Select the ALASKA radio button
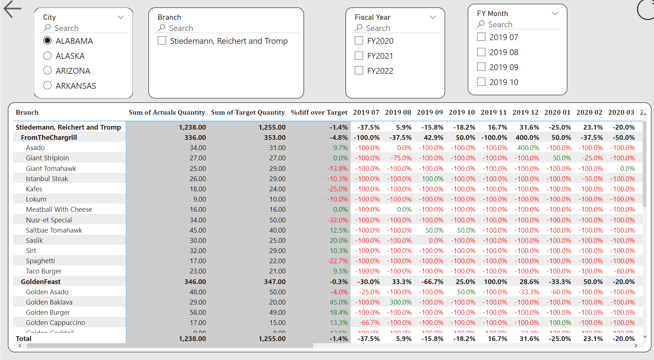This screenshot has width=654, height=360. pyautogui.click(x=47, y=56)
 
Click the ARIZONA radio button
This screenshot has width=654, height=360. pyautogui.click(x=47, y=70)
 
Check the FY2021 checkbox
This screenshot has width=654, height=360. pyautogui.click(x=359, y=56)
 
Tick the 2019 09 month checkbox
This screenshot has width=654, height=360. pyautogui.click(x=481, y=67)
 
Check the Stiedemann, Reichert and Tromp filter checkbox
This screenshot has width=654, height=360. pyautogui.click(x=162, y=41)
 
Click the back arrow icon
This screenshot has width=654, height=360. pyautogui.click(x=12, y=9)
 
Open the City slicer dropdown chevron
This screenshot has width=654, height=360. pyautogui.click(x=120, y=17)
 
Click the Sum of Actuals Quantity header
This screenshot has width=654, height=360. pyautogui.click(x=167, y=112)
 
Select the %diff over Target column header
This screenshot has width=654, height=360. pyautogui.click(x=319, y=112)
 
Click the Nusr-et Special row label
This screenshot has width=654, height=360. pyautogui.click(x=49, y=220)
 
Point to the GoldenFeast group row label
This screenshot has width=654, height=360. pyautogui.click(x=41, y=282)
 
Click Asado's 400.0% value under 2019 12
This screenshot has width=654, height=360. pyautogui.click(x=528, y=148)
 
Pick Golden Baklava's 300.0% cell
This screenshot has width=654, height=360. pyautogui.click(x=400, y=302)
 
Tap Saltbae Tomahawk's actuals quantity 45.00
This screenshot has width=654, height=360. pyautogui.click(x=197, y=230)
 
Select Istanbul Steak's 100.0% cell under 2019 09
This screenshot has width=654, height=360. pyautogui.click(x=432, y=179)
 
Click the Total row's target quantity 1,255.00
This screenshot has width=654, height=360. pyautogui.click(x=272, y=338)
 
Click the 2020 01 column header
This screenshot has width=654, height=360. pyautogui.click(x=557, y=112)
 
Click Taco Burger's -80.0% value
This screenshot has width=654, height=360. pyautogui.click(x=624, y=271)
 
